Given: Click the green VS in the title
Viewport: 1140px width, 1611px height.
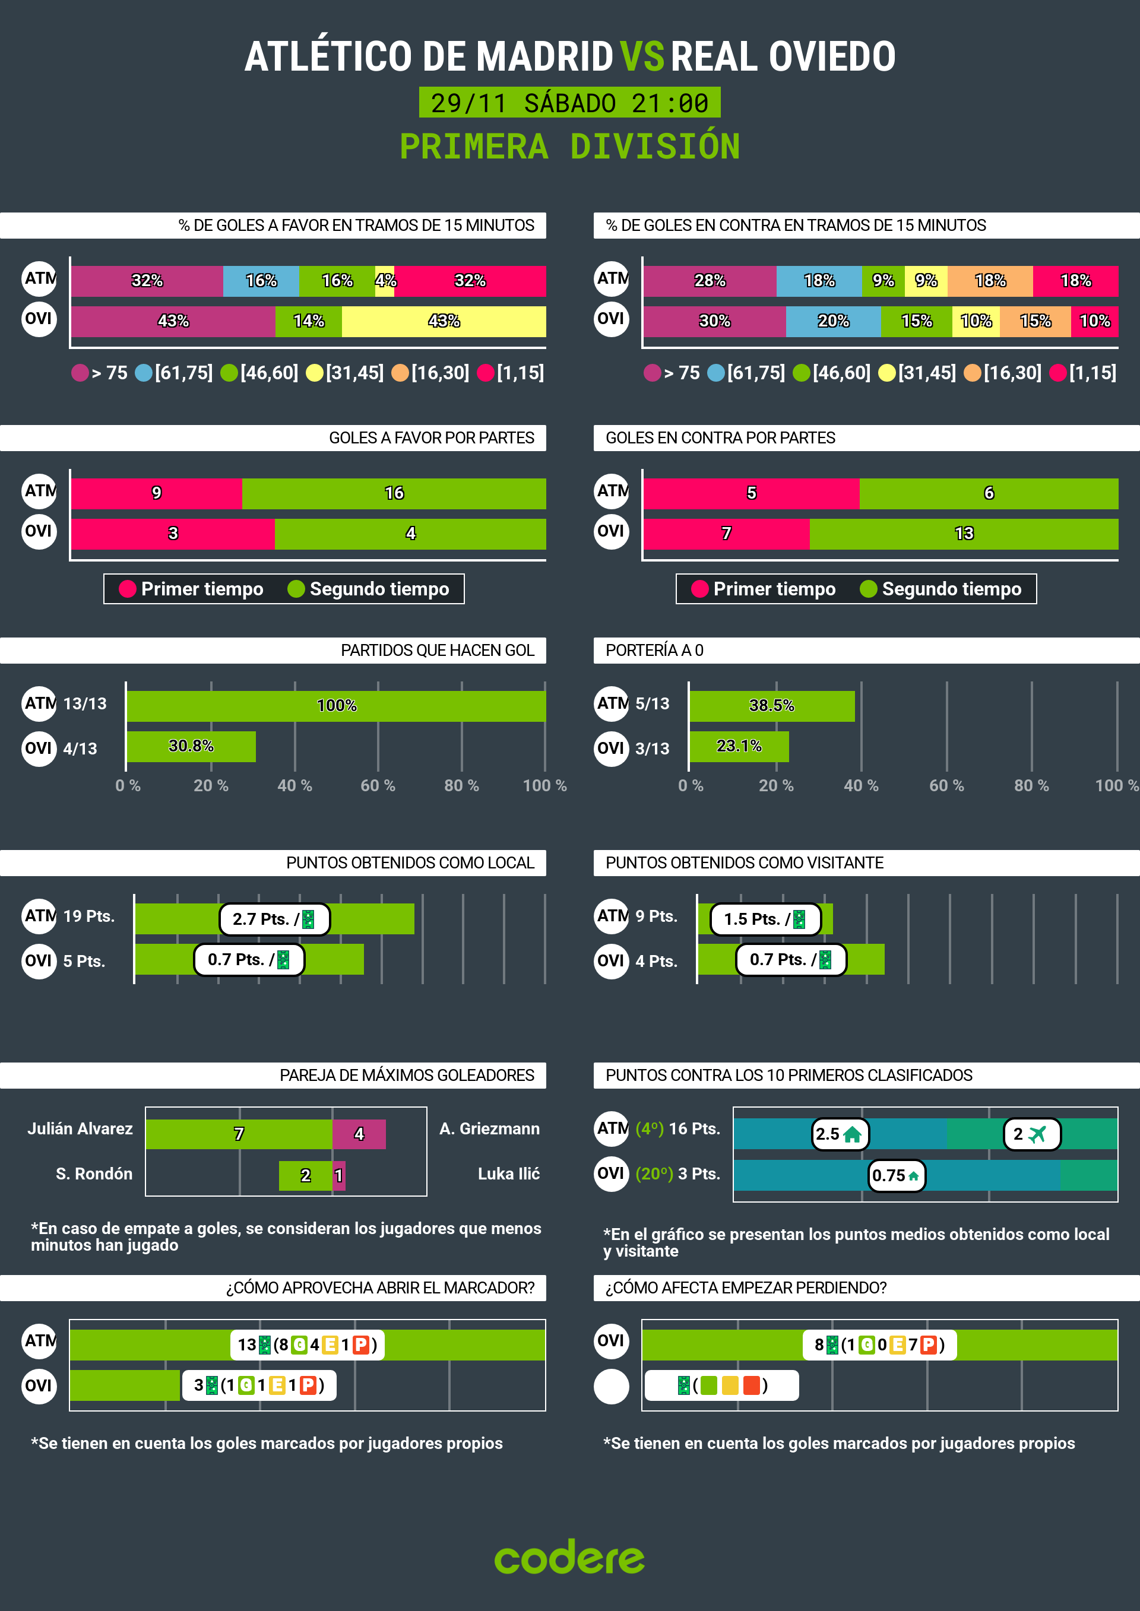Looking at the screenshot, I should click(x=642, y=57).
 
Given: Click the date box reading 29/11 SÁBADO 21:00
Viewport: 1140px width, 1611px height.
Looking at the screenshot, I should click(x=569, y=103).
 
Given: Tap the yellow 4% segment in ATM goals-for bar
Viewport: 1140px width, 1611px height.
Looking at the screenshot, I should click(x=385, y=281).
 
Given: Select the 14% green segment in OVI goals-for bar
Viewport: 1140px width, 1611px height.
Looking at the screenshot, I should click(x=308, y=321).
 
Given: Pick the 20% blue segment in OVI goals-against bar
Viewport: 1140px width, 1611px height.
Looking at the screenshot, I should click(x=832, y=321).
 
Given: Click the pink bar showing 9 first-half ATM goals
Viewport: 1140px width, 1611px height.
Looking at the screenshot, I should click(x=157, y=493).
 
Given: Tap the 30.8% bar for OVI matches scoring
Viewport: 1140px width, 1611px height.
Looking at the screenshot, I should click(x=191, y=747).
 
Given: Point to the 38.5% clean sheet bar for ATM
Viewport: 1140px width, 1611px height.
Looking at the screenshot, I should click(x=771, y=706).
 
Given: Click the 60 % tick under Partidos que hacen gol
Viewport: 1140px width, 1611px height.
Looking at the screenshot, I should click(x=378, y=786).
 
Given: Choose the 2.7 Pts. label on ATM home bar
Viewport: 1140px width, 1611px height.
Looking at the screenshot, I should click(x=274, y=919).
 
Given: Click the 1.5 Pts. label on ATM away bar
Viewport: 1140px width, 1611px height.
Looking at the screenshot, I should click(x=765, y=919).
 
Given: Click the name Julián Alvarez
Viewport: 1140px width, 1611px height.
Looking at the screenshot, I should click(x=80, y=1129).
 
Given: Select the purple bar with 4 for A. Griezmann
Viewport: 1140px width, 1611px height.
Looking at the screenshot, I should click(x=359, y=1134).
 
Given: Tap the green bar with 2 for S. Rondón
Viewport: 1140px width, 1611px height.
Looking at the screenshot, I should click(x=305, y=1176).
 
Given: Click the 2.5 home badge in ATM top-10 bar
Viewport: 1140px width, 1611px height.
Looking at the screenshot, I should click(x=840, y=1134).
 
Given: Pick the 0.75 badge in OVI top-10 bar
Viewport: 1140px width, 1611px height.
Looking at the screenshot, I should click(x=897, y=1176).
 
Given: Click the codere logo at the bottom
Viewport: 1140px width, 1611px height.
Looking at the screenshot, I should click(x=569, y=1558).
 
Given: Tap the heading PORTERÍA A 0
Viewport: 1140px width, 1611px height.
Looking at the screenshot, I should click(x=654, y=651).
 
